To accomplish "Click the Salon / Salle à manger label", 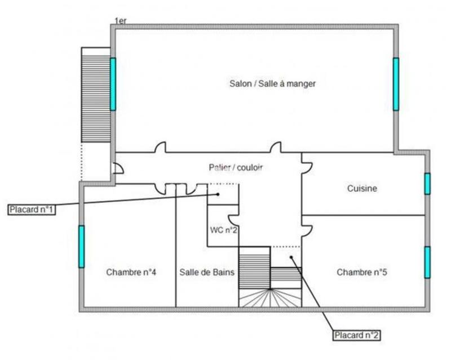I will tap(272, 84).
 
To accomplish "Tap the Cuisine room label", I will tap(362, 189).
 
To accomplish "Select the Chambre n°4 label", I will tap(131, 272).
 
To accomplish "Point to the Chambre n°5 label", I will tap(361, 272).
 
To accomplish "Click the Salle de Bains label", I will tap(207, 272).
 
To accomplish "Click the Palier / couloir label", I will tap(236, 167).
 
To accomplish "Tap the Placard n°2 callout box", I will tap(356, 335).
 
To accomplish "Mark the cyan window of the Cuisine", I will tap(427, 184).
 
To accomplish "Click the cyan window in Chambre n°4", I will tap(81, 246).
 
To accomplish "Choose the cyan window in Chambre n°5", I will tap(427, 262).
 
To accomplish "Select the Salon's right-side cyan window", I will tap(396, 84).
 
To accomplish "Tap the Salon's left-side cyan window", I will tap(113, 84).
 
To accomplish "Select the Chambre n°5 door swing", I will tap(307, 229).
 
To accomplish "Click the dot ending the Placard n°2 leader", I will tap(291, 257).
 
